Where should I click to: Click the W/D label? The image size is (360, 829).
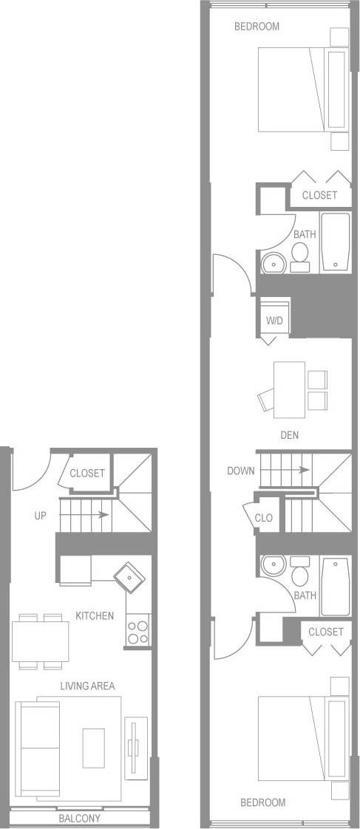pos(274,321)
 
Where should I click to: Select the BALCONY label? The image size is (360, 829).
pos(80,819)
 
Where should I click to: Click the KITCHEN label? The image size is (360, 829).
pos(95,615)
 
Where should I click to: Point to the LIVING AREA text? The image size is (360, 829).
pos(87,686)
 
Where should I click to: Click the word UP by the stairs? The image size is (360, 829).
pos(41,515)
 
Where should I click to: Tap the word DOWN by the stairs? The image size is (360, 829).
pos(241,470)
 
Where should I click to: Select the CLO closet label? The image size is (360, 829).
pos(264,518)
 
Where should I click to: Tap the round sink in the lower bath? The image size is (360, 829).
pos(272,566)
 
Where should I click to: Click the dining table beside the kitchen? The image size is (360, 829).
pos(41,640)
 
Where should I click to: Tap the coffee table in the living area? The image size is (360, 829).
pos(94,747)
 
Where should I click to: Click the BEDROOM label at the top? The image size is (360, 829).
pos(257,27)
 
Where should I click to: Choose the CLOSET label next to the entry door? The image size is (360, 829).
pos(87,474)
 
